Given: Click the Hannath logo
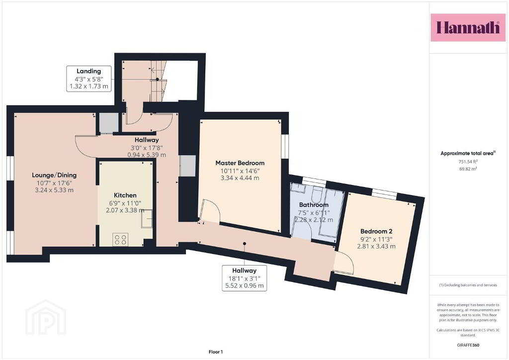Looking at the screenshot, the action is (x=468, y=27).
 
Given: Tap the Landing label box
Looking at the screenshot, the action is (x=89, y=79).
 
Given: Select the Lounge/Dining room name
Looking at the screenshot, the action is (x=54, y=175).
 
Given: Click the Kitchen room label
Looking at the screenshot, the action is (x=125, y=195).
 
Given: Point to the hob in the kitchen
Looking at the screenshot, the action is (x=120, y=240).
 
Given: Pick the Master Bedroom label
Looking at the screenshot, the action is (x=240, y=163).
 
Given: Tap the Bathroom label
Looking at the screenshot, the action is (x=314, y=205).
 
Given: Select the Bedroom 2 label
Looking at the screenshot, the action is (x=376, y=231).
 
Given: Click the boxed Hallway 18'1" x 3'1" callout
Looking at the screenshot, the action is (x=245, y=278).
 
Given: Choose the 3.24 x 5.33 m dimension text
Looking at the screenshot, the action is (x=54, y=190).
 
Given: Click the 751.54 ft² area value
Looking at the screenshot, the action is (x=468, y=161).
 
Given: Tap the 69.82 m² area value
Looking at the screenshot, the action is (x=468, y=169).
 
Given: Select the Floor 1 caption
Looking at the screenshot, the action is (x=216, y=352).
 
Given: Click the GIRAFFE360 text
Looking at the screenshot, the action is (x=468, y=345).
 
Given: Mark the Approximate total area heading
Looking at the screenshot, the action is (x=468, y=153).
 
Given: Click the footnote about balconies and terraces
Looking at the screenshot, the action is (x=468, y=285).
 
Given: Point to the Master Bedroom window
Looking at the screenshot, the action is (x=285, y=146).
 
